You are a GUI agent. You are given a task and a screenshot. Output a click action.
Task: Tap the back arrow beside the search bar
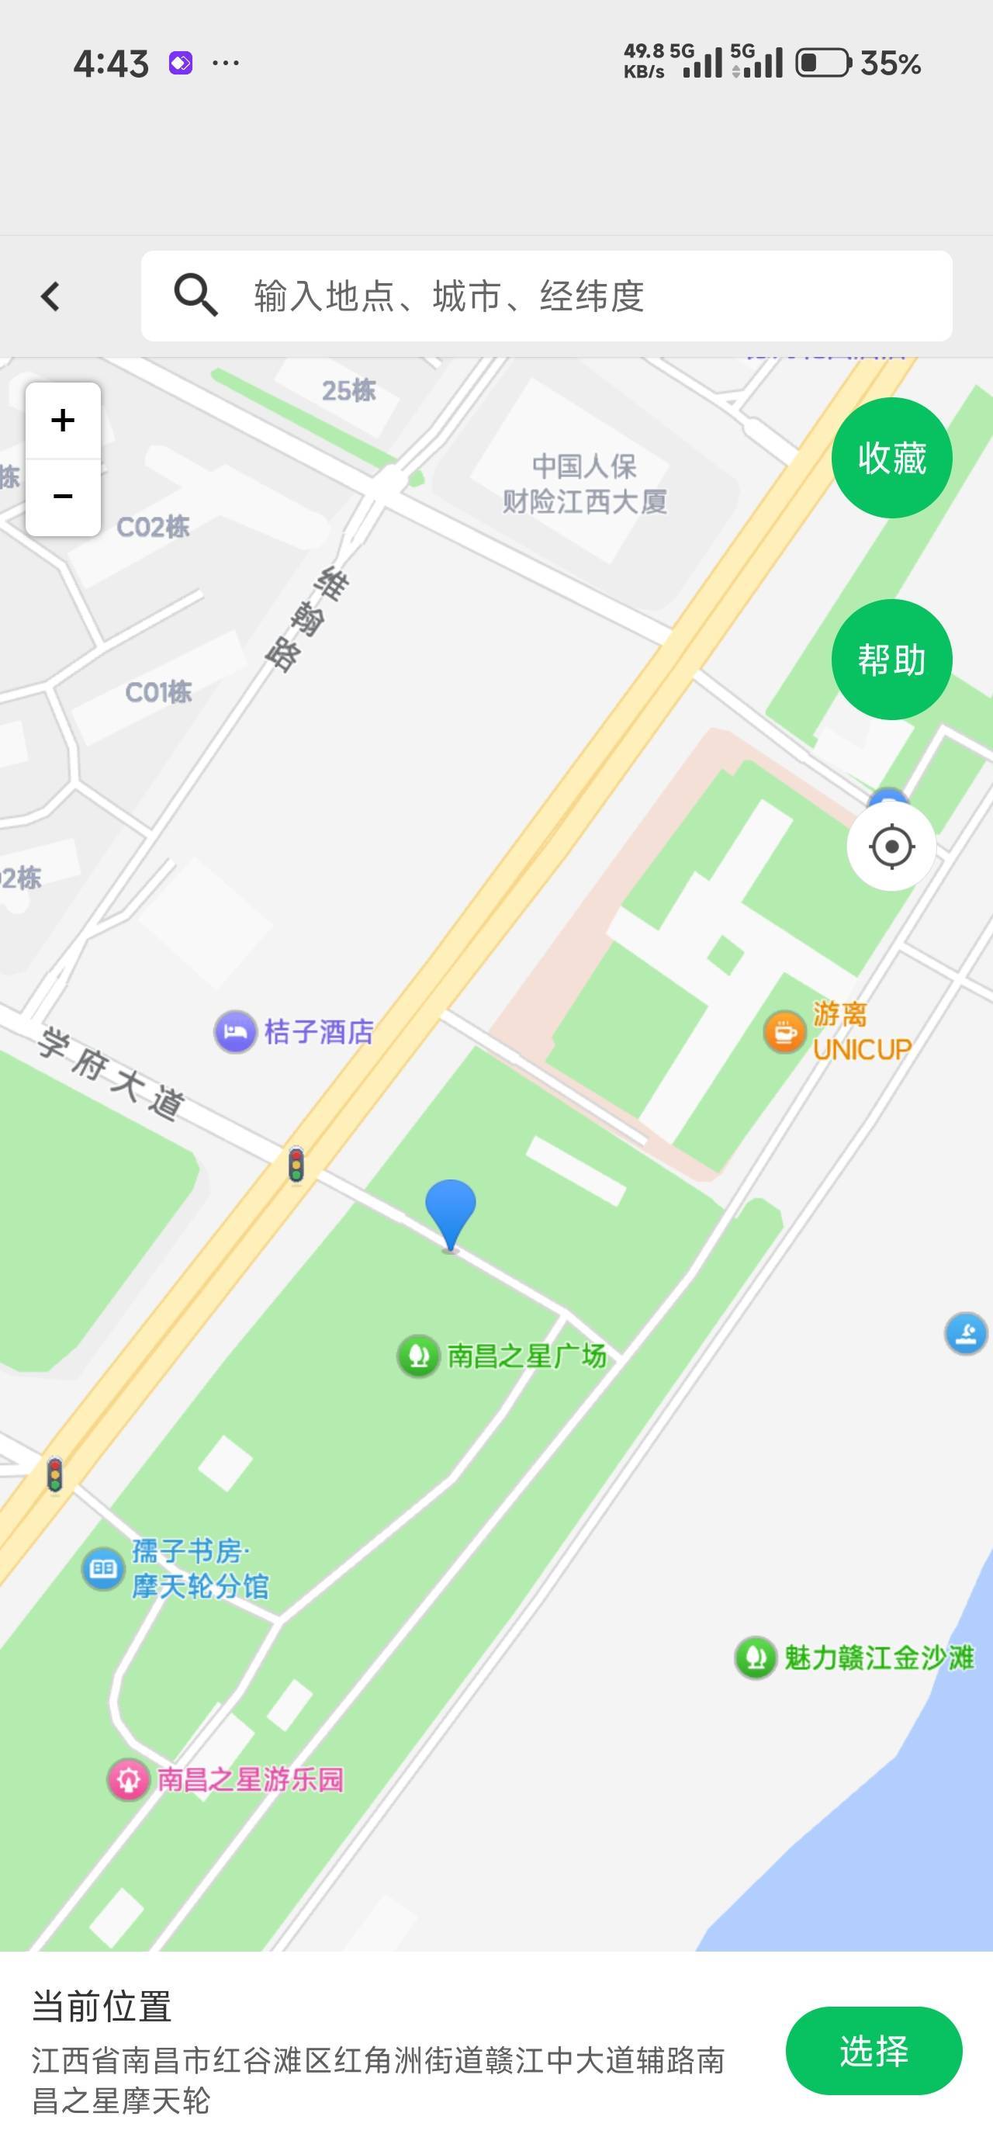(x=50, y=296)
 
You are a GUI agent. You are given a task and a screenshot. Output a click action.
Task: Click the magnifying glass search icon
(x=195, y=296)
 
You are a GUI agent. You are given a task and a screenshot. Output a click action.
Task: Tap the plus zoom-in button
(x=63, y=420)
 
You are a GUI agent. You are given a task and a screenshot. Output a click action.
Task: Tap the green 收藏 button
(x=891, y=458)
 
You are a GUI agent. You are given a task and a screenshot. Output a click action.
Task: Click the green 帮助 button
(x=891, y=660)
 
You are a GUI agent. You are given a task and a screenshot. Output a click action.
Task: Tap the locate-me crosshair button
(x=891, y=847)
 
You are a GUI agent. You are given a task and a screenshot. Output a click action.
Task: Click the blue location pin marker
(x=450, y=1211)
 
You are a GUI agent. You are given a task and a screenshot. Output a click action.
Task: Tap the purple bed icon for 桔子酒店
(x=235, y=1032)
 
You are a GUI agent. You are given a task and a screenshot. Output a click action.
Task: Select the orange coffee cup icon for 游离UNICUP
(x=784, y=1032)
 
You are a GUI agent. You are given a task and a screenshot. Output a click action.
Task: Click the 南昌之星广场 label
(x=526, y=1355)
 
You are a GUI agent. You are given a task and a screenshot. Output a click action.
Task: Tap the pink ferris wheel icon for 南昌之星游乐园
(x=128, y=1779)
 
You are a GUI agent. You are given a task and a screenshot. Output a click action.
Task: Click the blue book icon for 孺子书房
(x=102, y=1568)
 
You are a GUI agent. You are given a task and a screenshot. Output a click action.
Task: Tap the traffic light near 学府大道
(x=296, y=1165)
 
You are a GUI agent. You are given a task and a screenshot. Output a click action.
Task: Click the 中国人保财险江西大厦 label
(x=585, y=483)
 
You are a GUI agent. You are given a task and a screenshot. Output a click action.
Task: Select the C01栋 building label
(x=157, y=692)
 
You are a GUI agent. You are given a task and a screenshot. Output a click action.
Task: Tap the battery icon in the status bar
(x=822, y=63)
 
